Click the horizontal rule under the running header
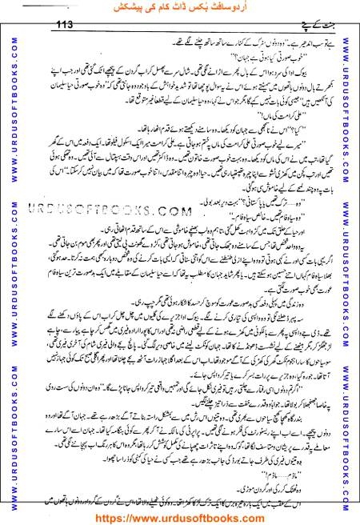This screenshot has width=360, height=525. pos(180,30)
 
